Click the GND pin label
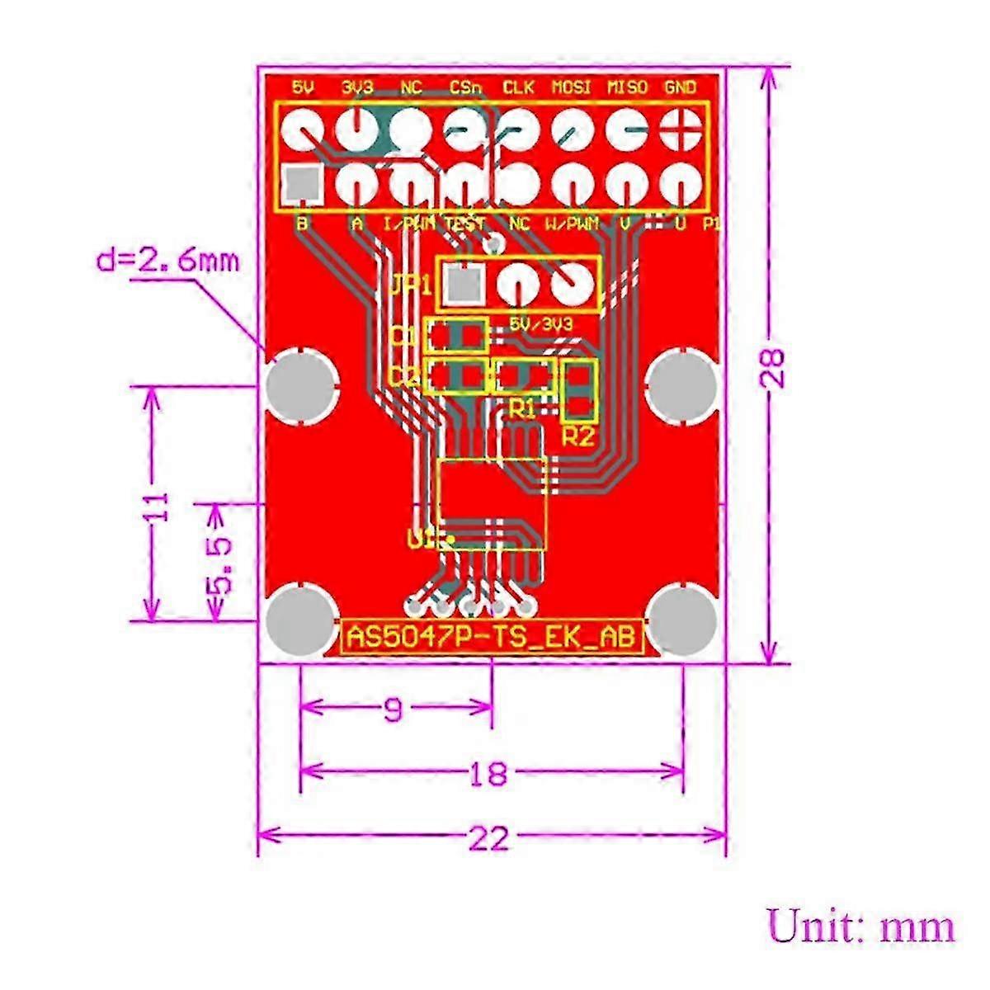point(680,87)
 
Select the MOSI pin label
point(571,87)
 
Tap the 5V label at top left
point(303,87)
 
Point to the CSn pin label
point(465,87)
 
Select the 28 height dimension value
point(773,367)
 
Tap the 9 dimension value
point(394,709)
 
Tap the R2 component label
point(577,436)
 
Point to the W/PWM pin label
point(571,223)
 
